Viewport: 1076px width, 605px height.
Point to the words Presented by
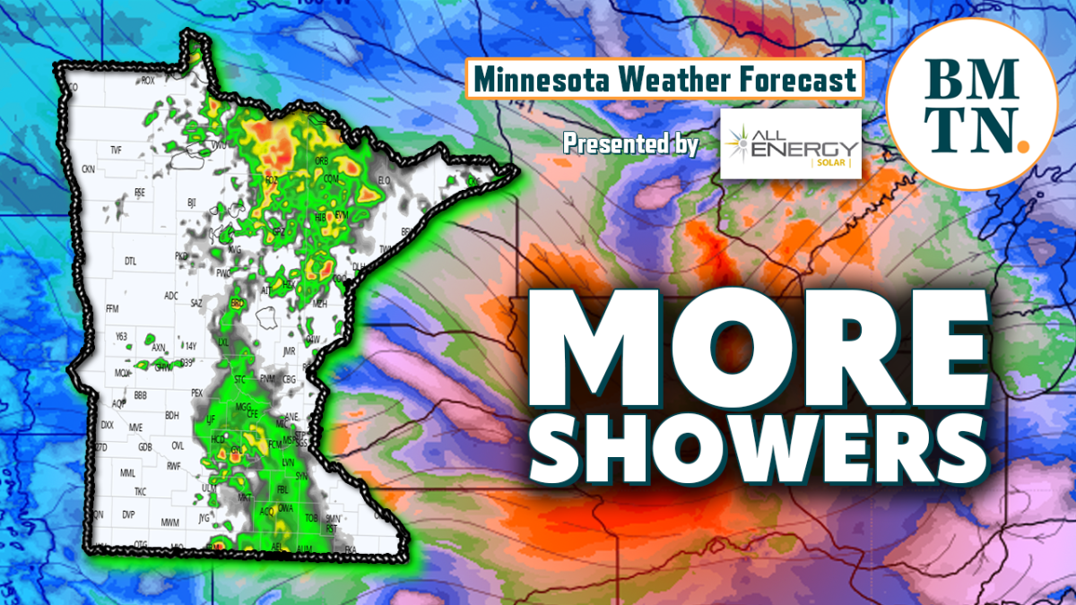pos(631,143)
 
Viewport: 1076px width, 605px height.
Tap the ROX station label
pos(149,81)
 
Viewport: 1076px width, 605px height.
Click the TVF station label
pos(115,150)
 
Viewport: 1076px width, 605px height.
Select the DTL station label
pos(130,262)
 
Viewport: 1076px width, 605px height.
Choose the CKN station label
pos(88,169)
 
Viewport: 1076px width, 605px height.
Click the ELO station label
pos(385,180)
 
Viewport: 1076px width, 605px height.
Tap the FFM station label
pos(112,308)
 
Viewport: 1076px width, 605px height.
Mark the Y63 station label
pos(122,335)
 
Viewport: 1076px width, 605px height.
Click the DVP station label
pos(128,514)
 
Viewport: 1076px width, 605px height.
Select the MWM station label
pos(170,522)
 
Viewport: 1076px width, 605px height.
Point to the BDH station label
pos(172,415)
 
